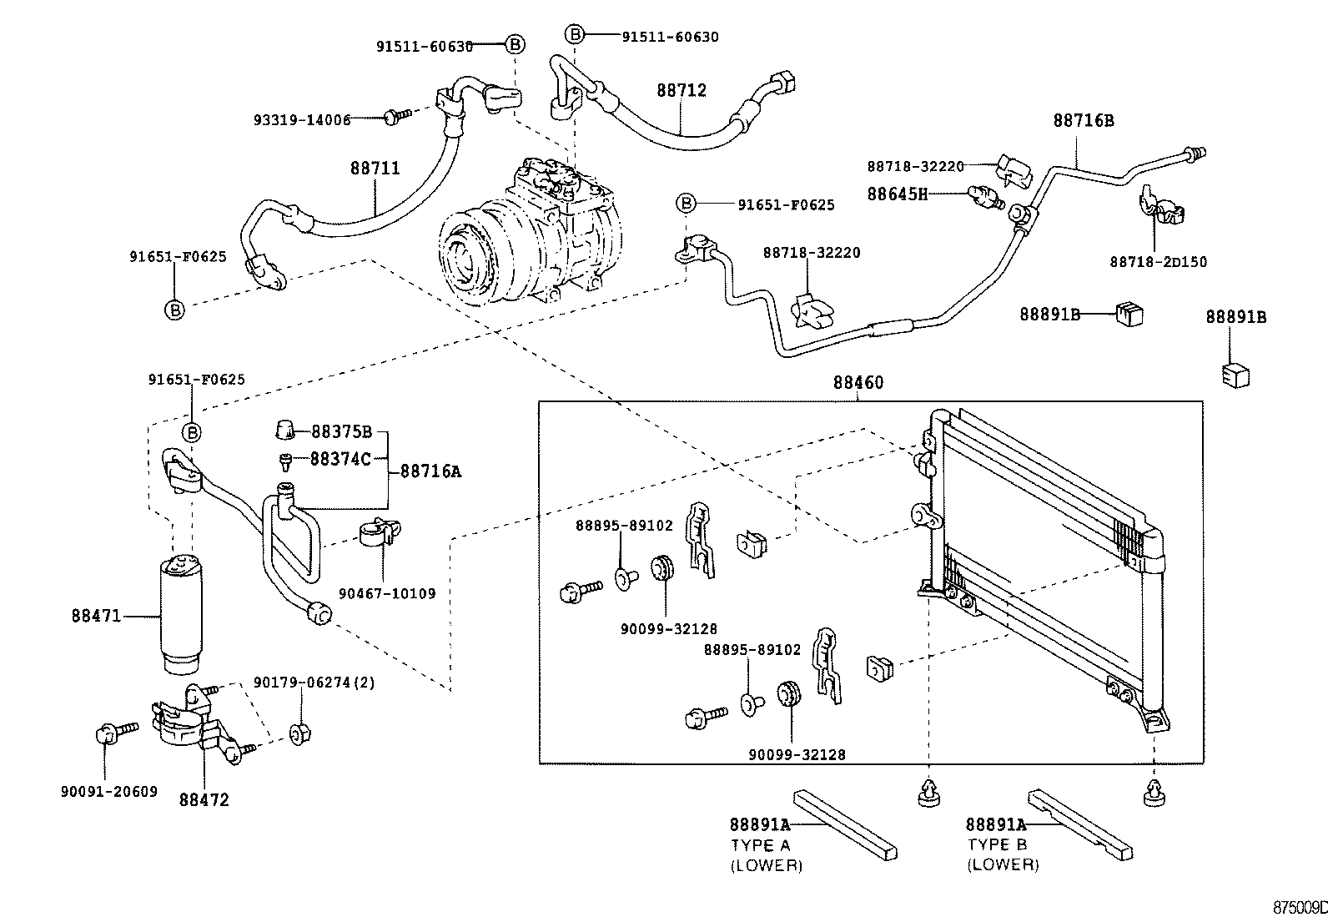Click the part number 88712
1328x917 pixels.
681,90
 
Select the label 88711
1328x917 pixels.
375,169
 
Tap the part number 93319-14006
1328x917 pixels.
302,120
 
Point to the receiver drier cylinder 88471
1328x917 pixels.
181,613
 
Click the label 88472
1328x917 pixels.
204,799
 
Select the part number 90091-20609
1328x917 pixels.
108,792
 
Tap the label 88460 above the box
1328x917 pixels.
858,383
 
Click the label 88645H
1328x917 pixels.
897,194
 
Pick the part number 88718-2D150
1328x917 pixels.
1158,262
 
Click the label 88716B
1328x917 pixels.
1083,120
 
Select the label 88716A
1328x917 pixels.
430,471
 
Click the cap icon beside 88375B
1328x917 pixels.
285,431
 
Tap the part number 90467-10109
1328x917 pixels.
387,594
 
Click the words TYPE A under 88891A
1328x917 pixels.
762,844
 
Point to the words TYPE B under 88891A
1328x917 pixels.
998,844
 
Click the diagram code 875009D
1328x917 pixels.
1300,907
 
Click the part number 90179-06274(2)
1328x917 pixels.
314,683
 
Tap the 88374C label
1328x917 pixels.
340,459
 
